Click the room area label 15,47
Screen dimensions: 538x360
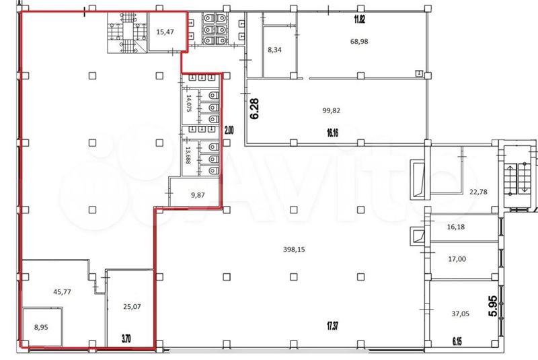tap(165, 32)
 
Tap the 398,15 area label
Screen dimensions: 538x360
tap(294, 250)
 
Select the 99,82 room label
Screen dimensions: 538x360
tap(331, 110)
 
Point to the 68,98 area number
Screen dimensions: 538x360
tap(359, 41)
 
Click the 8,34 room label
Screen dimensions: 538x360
tap(274, 50)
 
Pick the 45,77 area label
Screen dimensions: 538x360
tap(62, 292)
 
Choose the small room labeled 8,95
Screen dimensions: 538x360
tap(41, 328)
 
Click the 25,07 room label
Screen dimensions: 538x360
tap(132, 306)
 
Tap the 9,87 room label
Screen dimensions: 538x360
tap(198, 195)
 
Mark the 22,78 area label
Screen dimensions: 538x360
tap(478, 192)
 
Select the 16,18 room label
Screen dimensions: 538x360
tap(456, 227)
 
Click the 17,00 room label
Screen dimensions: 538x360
tap(457, 259)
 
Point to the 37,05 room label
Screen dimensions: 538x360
tap(461, 314)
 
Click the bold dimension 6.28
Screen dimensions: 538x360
tap(255, 109)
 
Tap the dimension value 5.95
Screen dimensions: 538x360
tap(492, 306)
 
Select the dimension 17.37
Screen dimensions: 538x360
tap(332, 325)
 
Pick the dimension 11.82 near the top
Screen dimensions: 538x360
tap(359, 20)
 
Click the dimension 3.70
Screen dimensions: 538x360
tap(126, 339)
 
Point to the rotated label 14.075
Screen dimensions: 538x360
tap(188, 104)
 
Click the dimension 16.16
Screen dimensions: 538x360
tap(332, 133)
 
